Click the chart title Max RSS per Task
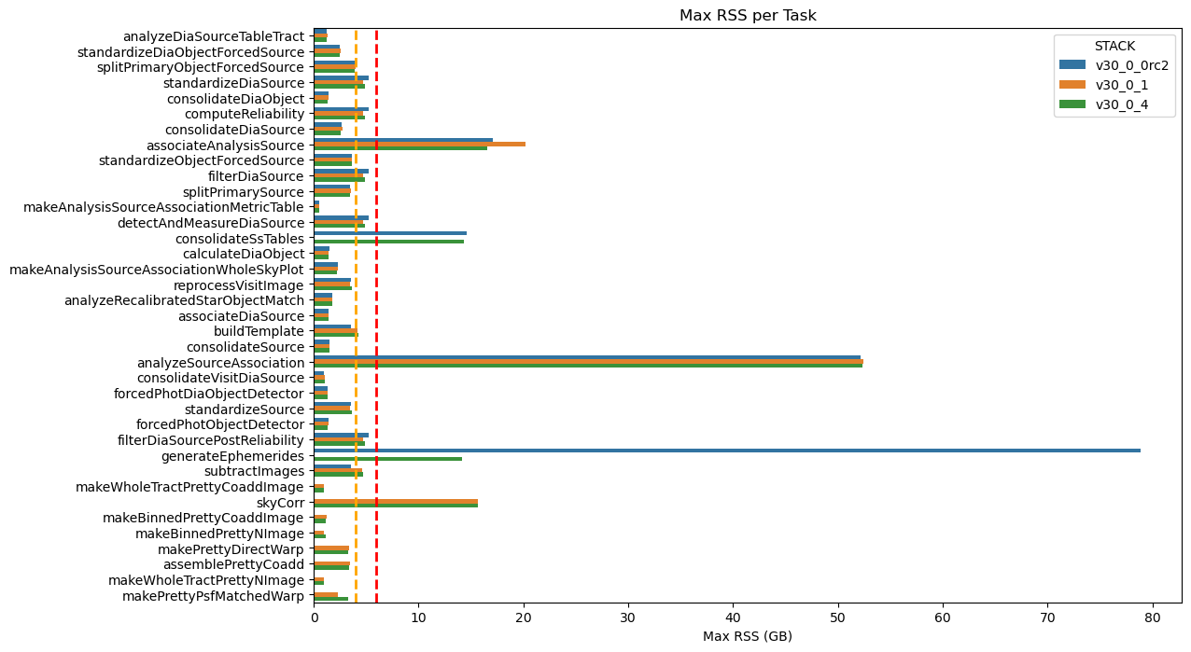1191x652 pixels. click(748, 15)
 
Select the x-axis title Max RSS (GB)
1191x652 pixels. click(748, 636)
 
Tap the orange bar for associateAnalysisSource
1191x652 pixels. click(420, 145)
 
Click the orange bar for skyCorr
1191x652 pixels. click(396, 501)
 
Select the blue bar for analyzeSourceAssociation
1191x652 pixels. click(587, 357)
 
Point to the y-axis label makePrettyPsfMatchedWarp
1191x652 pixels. click(213, 596)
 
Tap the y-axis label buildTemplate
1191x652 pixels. click(259, 331)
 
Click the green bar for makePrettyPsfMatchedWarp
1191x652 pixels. click(331, 599)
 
